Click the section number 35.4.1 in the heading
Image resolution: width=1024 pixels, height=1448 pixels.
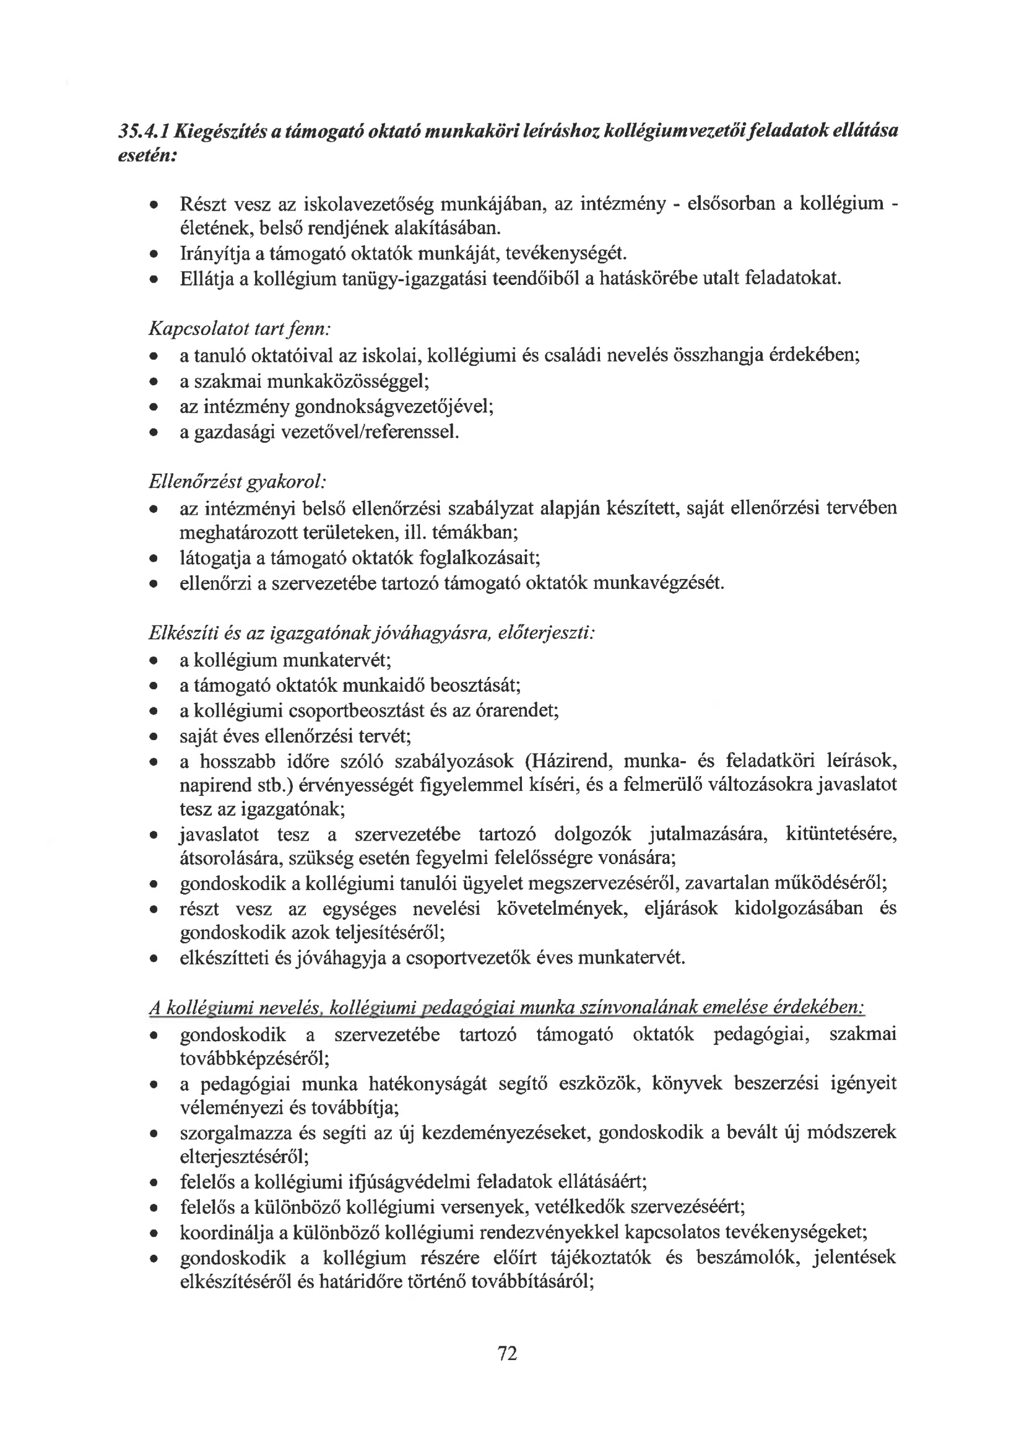point(144,131)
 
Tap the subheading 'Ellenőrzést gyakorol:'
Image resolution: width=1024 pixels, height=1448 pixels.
point(237,482)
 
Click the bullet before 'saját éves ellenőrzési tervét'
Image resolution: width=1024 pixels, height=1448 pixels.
point(153,736)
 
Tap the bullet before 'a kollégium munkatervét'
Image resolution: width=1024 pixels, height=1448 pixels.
point(153,661)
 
